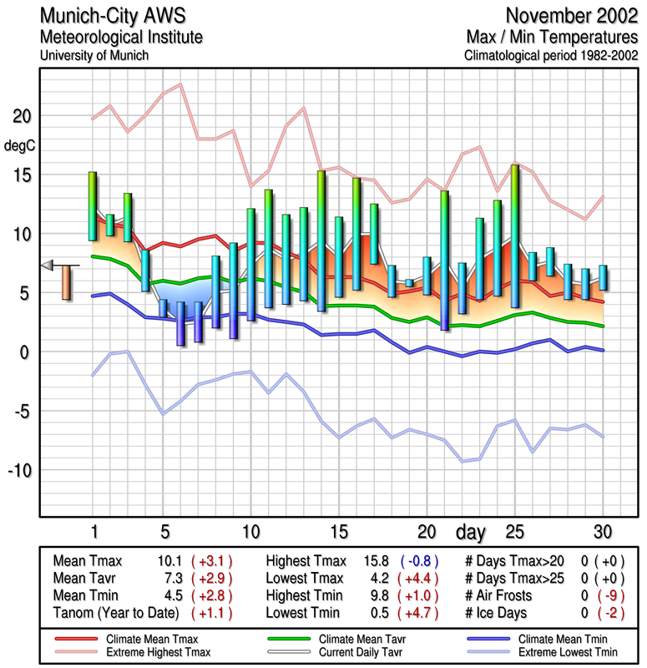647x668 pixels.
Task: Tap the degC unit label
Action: coord(21,145)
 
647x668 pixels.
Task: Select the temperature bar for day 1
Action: coord(93,206)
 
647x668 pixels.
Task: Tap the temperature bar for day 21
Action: coord(445,261)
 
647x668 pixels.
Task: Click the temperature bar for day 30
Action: coord(603,277)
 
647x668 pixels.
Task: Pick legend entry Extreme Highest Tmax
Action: coord(159,650)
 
